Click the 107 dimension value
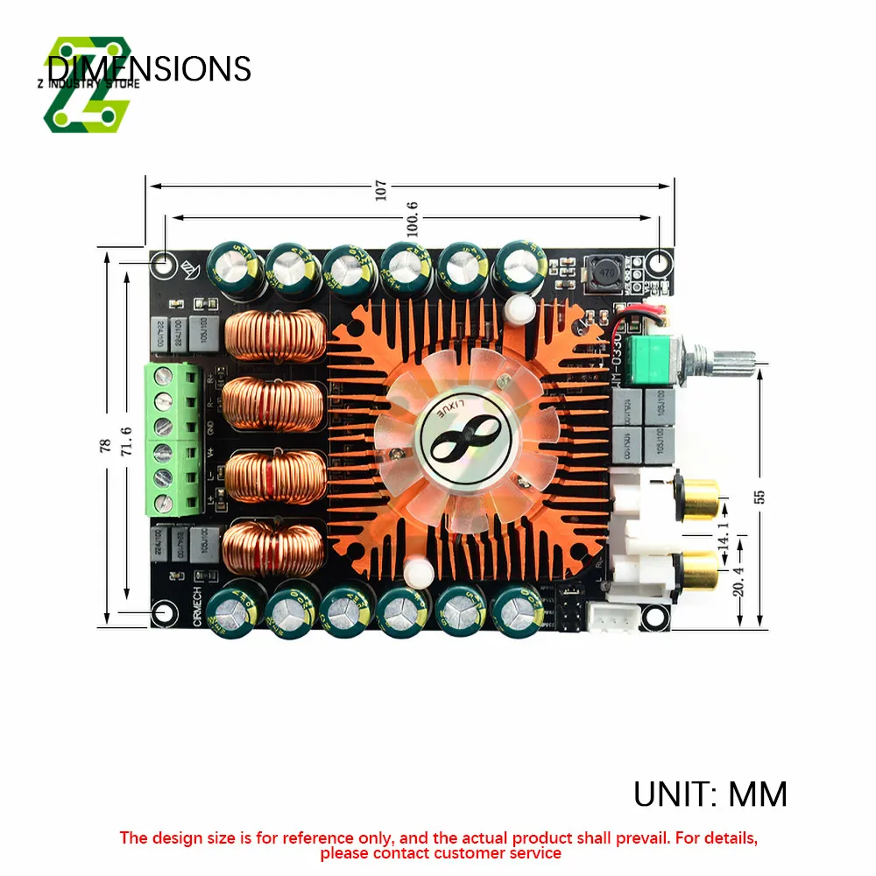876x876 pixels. tap(380, 190)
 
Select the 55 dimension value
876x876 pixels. tap(759, 495)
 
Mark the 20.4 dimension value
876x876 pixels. tap(737, 579)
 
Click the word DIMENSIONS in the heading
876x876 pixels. tap(149, 68)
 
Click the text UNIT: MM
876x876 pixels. tap(710, 795)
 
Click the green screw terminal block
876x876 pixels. tap(173, 439)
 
